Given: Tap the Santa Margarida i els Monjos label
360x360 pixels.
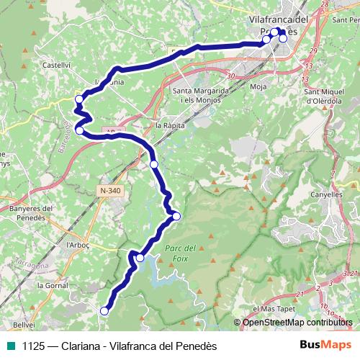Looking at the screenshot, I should (201, 96).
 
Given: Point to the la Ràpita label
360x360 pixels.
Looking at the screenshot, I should (170, 125).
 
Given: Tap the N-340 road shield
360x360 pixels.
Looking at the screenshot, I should (109, 190).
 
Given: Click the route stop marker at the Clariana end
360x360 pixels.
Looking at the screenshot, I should (104, 311).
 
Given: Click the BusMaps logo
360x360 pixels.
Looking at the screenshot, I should (321, 345).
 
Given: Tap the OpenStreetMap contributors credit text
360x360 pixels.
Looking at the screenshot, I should (298, 323).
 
